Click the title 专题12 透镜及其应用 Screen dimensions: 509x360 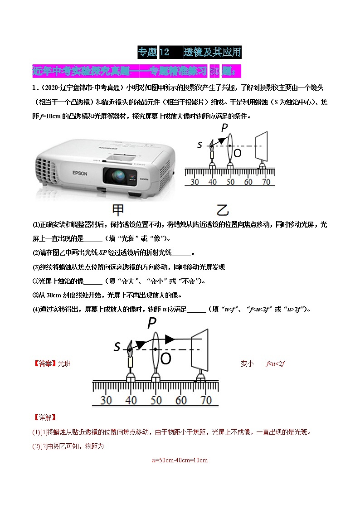click(x=189, y=52)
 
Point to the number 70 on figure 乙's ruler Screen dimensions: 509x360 click(x=265, y=182)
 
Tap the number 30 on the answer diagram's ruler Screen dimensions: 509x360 click(x=106, y=400)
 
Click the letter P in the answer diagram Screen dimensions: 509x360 click(x=152, y=323)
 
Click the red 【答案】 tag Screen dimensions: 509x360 click(x=44, y=364)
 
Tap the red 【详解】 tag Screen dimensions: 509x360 click(x=44, y=417)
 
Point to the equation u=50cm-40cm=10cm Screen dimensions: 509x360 click(x=180, y=460)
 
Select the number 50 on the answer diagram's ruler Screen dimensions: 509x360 click(x=156, y=400)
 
